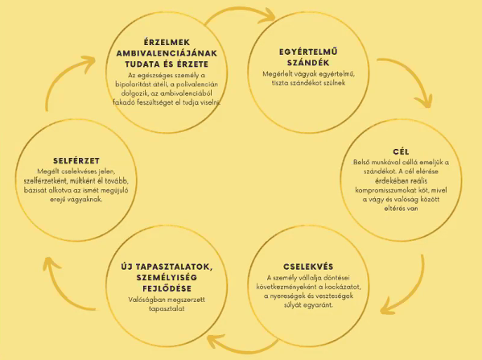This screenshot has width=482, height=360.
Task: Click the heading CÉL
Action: pos(401,151)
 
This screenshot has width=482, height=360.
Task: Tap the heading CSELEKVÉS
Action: pos(308,267)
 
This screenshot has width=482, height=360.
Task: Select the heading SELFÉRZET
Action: pos(76,160)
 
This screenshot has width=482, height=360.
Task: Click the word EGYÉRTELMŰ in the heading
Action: pos(308,52)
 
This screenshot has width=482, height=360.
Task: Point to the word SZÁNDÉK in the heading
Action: pos(308,63)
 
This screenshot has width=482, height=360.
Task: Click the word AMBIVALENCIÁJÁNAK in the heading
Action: pos(167,53)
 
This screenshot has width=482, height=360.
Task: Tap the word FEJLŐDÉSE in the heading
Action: pos(167,288)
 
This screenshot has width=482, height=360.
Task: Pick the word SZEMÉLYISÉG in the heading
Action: pos(167,278)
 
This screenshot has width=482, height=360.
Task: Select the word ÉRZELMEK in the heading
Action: pos(167,42)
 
